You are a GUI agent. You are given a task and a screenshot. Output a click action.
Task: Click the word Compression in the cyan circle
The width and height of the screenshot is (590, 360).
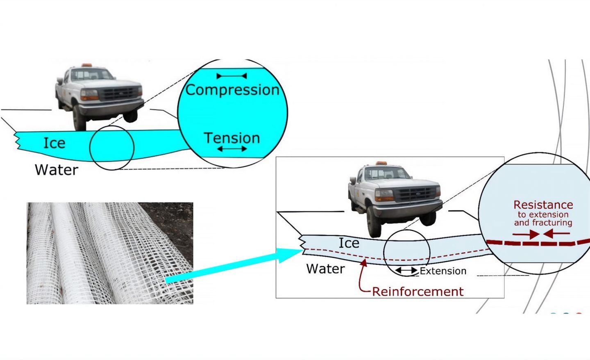[x=232, y=90]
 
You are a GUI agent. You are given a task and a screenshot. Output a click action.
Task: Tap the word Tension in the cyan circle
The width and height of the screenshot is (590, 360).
[x=232, y=138]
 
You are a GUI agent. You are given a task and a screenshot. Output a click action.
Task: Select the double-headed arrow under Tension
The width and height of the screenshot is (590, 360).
[x=232, y=149]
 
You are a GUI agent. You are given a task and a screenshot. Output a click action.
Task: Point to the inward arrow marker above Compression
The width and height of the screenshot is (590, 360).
[x=231, y=76]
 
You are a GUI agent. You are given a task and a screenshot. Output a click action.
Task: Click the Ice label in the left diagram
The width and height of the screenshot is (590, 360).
[x=54, y=143]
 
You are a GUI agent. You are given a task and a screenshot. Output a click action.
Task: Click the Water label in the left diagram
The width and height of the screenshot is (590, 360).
[x=57, y=170]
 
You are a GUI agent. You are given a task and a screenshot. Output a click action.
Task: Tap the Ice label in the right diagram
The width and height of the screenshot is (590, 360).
[x=349, y=243]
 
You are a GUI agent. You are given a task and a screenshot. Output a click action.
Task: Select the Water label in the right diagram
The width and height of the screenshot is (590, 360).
[x=325, y=269]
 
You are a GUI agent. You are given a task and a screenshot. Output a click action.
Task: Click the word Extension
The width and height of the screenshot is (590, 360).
[x=443, y=271]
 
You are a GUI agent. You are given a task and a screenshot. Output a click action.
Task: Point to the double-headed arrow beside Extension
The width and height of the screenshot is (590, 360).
[x=406, y=271]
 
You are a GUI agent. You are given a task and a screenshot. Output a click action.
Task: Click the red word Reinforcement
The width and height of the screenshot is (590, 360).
[x=418, y=292]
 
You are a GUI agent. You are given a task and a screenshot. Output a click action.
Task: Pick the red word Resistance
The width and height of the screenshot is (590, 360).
[x=543, y=205]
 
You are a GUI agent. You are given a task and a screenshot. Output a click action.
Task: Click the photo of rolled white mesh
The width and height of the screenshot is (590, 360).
[x=109, y=253]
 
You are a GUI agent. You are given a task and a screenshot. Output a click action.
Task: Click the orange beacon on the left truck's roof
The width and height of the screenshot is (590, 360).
[x=86, y=65]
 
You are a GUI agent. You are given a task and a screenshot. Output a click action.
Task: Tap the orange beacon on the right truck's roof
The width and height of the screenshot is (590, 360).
[x=381, y=163]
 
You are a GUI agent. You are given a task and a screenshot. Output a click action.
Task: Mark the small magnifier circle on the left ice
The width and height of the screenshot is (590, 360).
[x=112, y=148]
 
